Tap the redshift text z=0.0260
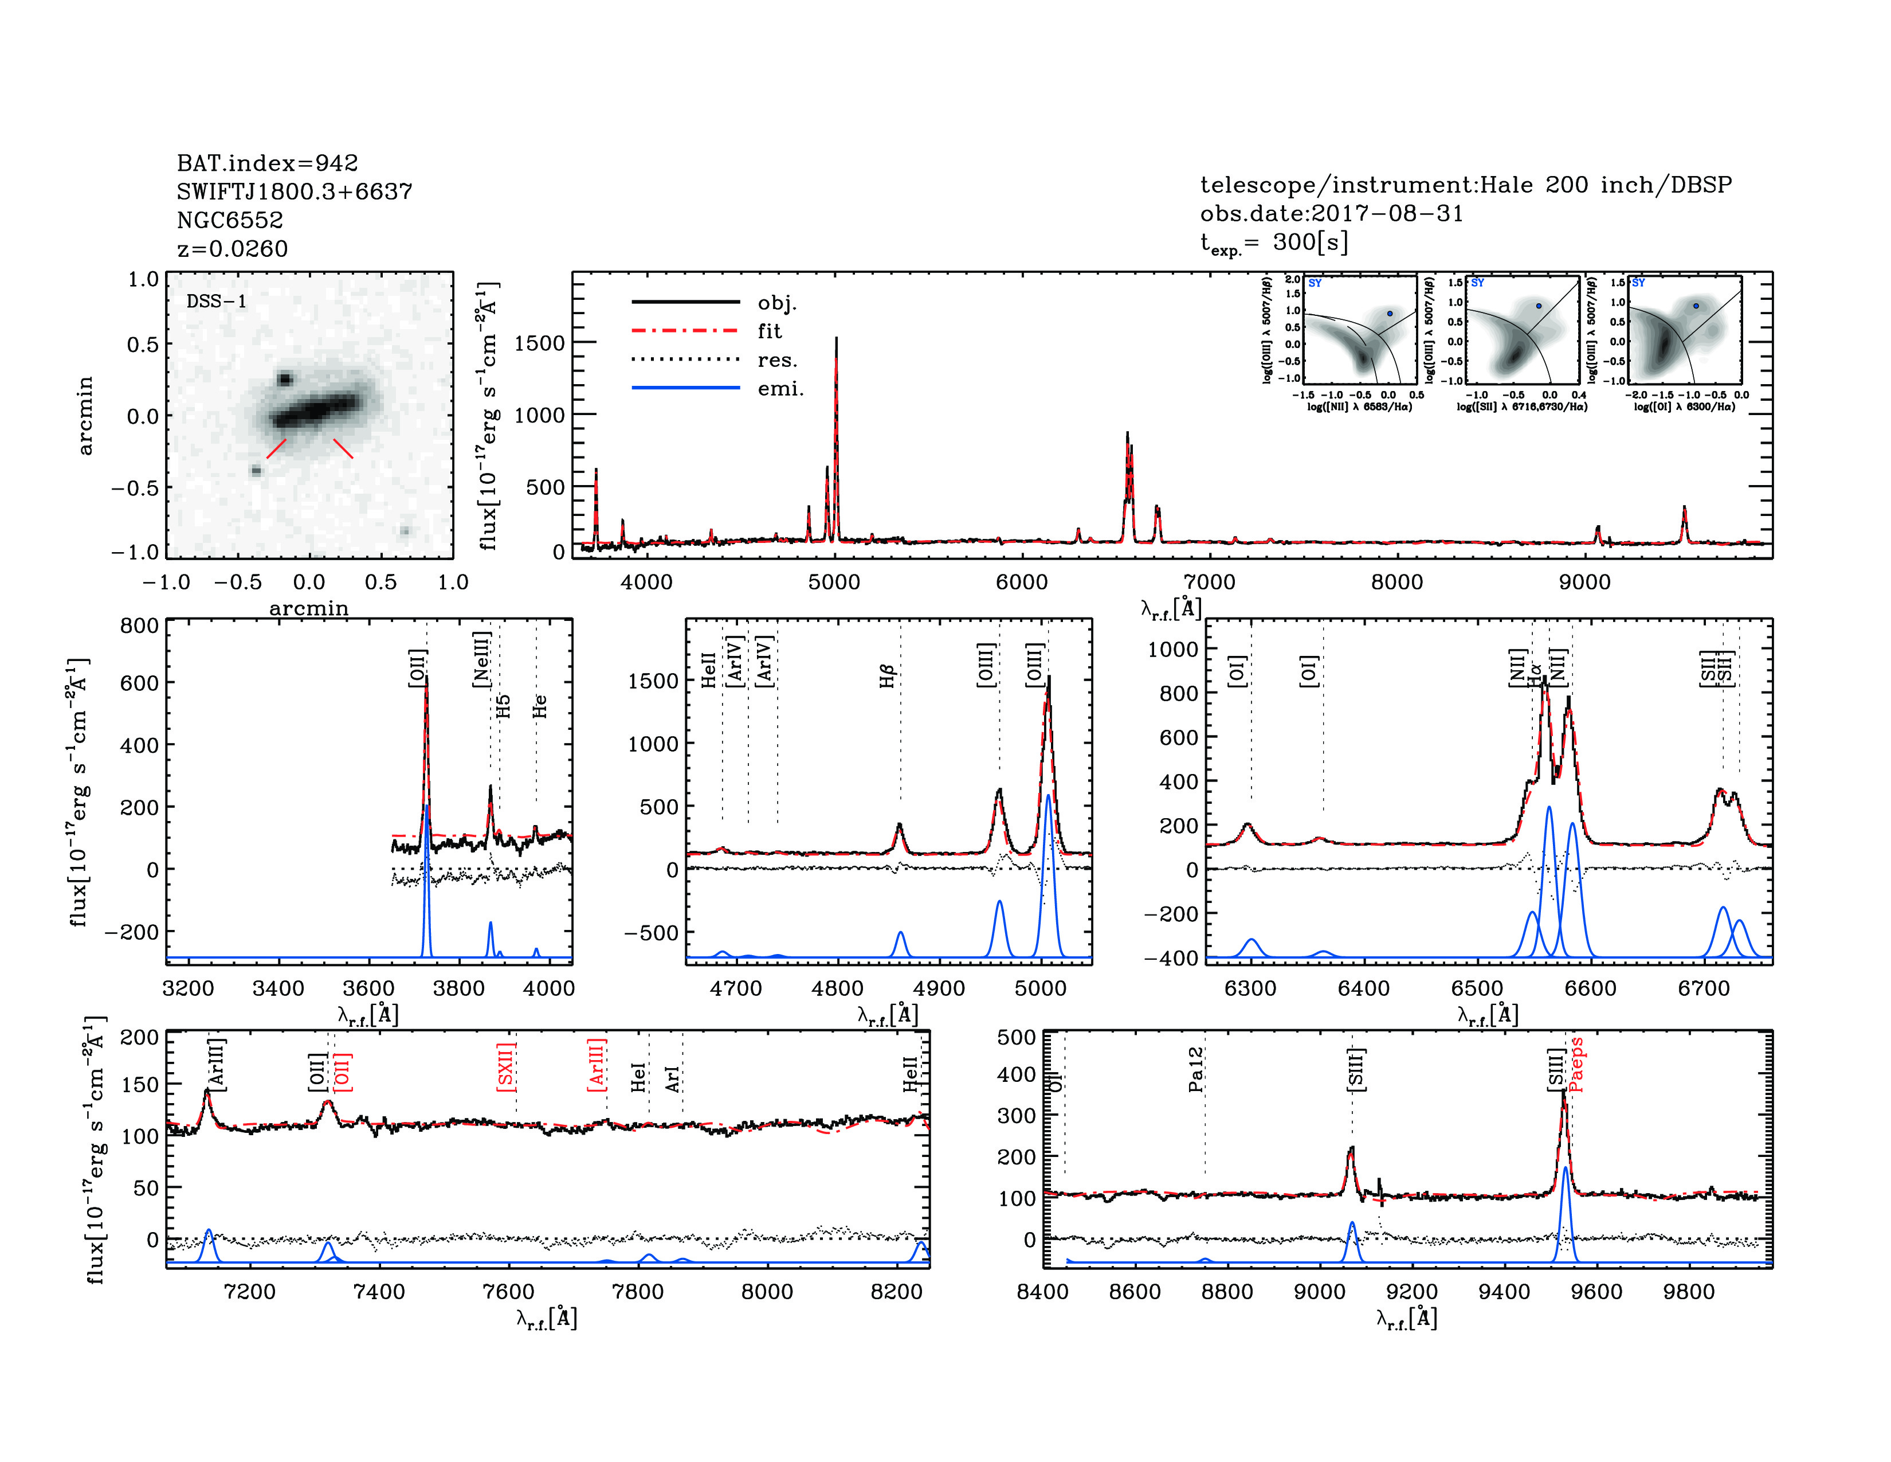232,249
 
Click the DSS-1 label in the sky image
217,302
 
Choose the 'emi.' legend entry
780,389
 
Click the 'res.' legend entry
776,360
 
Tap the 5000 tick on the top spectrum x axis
834,582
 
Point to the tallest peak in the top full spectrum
837,339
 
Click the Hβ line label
886,675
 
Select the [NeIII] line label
481,660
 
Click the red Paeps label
1576,1065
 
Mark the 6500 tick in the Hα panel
1477,988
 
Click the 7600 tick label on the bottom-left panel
508,1291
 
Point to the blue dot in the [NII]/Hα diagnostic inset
1390,314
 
